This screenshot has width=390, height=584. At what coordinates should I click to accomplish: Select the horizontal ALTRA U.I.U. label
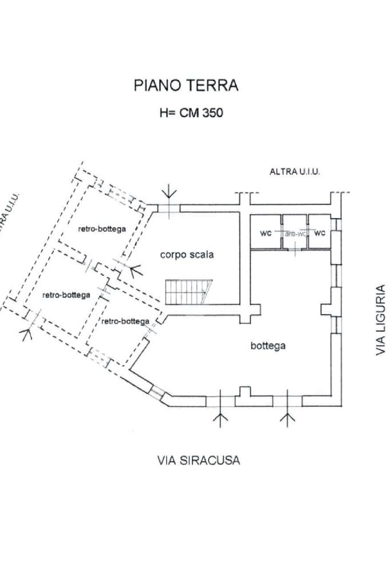pyautogui.click(x=295, y=171)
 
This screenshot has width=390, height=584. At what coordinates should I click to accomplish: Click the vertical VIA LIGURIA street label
pyautogui.click(x=381, y=320)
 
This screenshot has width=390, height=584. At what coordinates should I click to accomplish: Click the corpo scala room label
pyautogui.click(x=187, y=255)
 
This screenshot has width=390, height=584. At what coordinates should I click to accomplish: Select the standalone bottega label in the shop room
pyautogui.click(x=268, y=346)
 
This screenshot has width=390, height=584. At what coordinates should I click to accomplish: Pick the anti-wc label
pyautogui.click(x=295, y=234)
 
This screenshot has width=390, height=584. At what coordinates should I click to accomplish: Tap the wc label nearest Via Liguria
pyautogui.click(x=320, y=233)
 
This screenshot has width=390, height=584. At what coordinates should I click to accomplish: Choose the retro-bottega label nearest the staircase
pyautogui.click(x=126, y=321)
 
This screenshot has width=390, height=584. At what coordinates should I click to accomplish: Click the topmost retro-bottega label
pyautogui.click(x=102, y=228)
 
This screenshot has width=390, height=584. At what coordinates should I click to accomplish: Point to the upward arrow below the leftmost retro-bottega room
pyautogui.click(x=26, y=332)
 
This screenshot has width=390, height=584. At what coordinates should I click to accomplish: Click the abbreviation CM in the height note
pyautogui.click(x=188, y=112)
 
